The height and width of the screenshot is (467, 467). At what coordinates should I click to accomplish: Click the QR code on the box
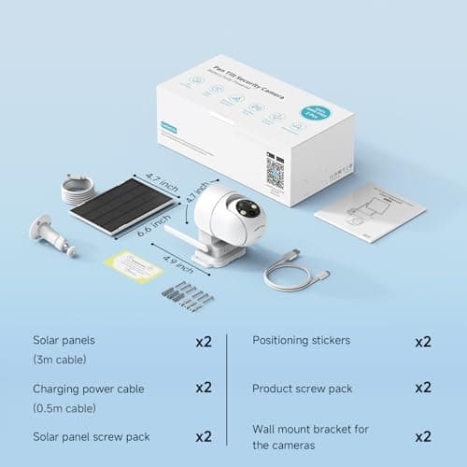tap(276, 170)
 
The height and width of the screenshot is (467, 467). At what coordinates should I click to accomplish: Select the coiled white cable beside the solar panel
tap(76, 191)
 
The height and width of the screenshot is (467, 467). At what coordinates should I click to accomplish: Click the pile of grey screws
tap(188, 295)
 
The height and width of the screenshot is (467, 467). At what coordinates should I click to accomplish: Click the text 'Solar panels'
tap(64, 341)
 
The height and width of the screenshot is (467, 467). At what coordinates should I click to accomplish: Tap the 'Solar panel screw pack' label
tap(91, 436)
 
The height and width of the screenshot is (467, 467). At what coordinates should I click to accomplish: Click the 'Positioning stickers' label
tap(301, 340)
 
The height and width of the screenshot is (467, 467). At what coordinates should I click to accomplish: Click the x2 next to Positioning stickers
tap(422, 341)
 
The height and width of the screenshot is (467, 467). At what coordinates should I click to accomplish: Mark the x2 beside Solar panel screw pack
tap(204, 436)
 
